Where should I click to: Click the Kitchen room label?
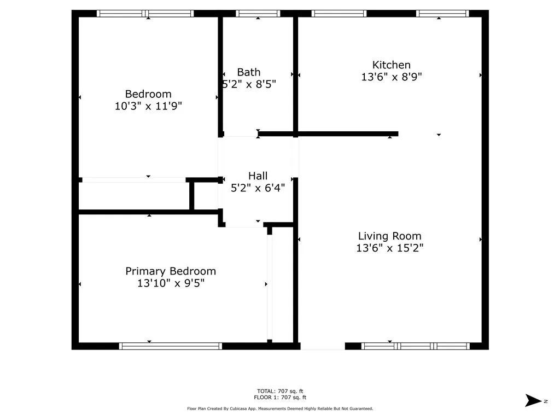(392, 65)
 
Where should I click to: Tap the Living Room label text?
(389, 236)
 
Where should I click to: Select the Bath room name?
(249, 73)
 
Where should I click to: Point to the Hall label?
(258, 176)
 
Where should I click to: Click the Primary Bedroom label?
(171, 271)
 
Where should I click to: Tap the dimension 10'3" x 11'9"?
(148, 106)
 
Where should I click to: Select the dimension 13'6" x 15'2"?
(389, 248)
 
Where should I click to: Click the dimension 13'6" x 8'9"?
(392, 77)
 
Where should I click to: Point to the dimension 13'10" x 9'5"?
(171, 283)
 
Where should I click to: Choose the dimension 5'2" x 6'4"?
(258, 188)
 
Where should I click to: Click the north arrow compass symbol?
(533, 400)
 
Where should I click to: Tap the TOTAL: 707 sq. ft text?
(280, 391)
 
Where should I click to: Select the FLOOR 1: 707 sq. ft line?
(280, 397)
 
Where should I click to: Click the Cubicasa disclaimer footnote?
(280, 409)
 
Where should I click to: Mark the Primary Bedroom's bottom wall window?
(171, 346)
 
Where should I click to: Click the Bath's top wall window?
(258, 14)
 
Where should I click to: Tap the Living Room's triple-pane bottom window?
(416, 346)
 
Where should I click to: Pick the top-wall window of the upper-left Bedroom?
(145, 14)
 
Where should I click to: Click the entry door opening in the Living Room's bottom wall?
(323, 346)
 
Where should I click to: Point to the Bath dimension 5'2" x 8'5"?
(249, 84)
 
